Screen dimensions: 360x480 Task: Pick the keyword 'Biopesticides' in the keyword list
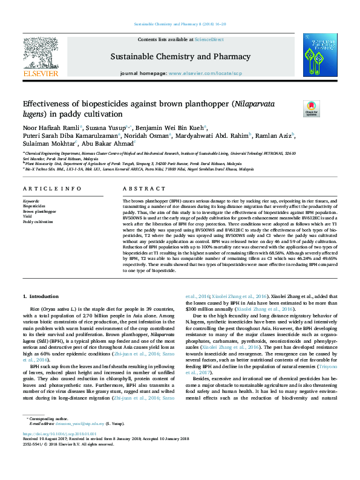34,206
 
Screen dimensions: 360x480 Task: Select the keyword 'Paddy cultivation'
37,222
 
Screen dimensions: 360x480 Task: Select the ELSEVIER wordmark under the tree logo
39,74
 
